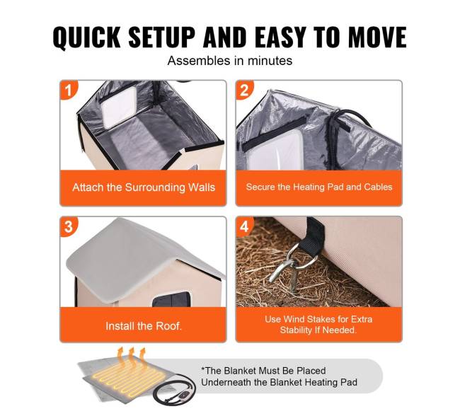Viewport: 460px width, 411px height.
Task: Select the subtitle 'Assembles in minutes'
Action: (230, 61)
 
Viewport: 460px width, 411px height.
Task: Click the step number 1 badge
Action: (68, 90)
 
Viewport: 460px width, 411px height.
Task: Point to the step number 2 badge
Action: (244, 90)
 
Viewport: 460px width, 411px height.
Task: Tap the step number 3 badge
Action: (69, 226)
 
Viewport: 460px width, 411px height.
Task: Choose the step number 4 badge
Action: (244, 226)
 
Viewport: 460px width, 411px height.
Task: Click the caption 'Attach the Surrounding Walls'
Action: (144, 187)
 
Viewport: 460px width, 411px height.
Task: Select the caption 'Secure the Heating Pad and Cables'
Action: (319, 187)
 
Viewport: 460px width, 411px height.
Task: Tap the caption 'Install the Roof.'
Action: (144, 325)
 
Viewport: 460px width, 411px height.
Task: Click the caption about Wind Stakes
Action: (318, 325)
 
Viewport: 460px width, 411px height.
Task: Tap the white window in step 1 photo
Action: (120, 108)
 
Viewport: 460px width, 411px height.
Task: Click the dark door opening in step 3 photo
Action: (171, 299)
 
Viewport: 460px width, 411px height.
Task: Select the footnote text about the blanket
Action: (279, 376)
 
